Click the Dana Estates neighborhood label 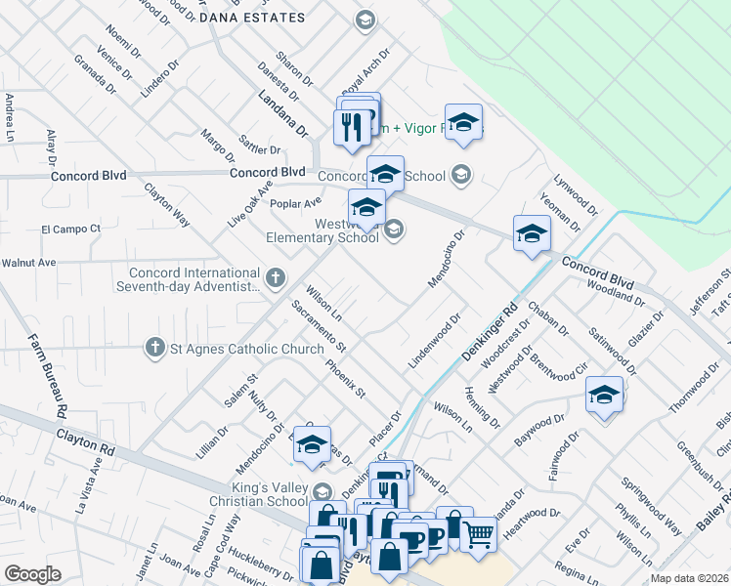(x=252, y=18)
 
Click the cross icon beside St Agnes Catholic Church (x=153, y=347)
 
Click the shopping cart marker (x=478, y=533)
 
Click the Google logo (x=32, y=574)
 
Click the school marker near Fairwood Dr (x=604, y=396)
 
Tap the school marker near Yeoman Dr (x=532, y=233)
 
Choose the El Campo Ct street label (x=70, y=229)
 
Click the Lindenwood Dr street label (x=434, y=340)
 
